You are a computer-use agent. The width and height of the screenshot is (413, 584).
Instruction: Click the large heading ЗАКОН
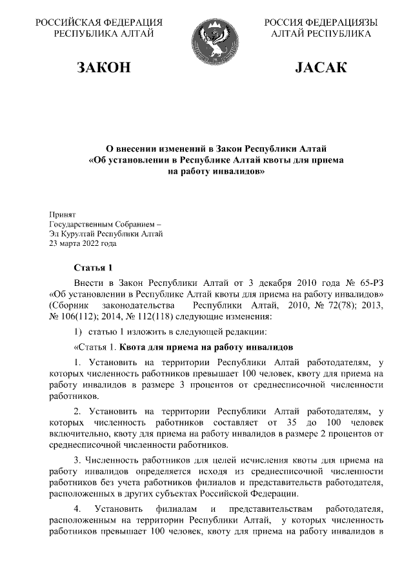[104, 68]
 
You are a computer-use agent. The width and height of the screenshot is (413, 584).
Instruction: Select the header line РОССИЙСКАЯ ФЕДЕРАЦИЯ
[99, 23]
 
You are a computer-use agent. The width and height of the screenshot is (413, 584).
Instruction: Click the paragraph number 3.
[77, 460]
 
